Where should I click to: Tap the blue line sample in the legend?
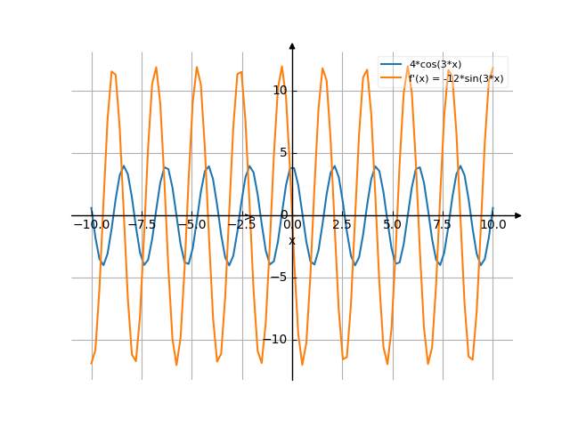click(x=392, y=65)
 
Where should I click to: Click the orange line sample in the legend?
click(x=392, y=78)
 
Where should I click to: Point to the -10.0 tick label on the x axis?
click(x=91, y=225)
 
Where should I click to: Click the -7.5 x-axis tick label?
click(x=142, y=225)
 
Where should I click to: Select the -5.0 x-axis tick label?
click(x=191, y=225)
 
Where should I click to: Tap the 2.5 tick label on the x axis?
click(x=342, y=225)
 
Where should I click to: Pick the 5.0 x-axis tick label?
click(x=393, y=225)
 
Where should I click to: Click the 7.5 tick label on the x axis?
click(x=443, y=225)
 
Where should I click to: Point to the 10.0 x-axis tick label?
click(x=493, y=225)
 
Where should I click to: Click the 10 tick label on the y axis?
click(x=280, y=91)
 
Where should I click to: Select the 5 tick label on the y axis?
click(x=283, y=153)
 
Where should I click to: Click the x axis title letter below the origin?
click(x=291, y=240)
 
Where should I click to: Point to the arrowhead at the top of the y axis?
click(x=292, y=45)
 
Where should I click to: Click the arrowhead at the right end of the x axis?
click(x=518, y=215)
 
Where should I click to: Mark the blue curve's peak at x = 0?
click(x=292, y=166)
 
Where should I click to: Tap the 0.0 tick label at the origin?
click(x=291, y=225)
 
